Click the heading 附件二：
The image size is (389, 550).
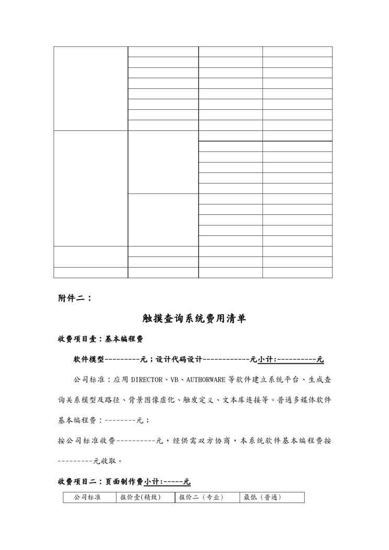(x=75, y=299)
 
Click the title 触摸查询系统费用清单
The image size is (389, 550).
(x=194, y=319)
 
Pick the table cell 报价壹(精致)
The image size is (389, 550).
(x=140, y=497)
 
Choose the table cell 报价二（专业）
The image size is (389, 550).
(x=201, y=497)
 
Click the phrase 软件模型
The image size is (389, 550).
(x=89, y=360)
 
